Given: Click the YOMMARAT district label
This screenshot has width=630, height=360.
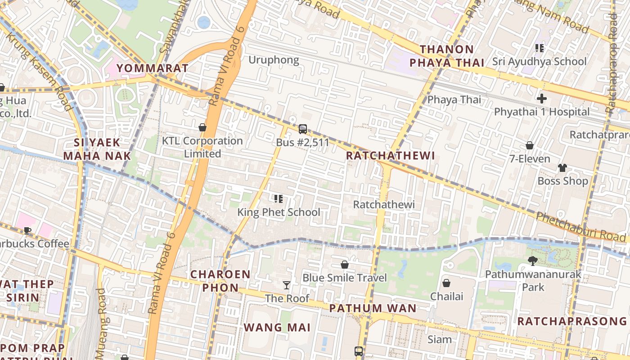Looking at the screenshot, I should point(152,68).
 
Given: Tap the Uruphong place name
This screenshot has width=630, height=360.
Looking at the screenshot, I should point(274,60).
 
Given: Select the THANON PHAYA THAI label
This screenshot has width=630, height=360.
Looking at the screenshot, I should point(446,56).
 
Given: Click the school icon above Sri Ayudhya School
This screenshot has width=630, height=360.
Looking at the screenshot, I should point(539,48).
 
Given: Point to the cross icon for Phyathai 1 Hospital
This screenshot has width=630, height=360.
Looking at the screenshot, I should point(542,99).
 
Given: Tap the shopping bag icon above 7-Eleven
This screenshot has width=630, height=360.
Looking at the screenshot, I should point(530,145).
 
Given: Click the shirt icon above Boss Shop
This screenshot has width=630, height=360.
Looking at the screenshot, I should point(562,168).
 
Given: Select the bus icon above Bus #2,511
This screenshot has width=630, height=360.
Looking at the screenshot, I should point(303,129).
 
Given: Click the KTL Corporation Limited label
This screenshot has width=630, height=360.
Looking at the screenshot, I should point(202,147).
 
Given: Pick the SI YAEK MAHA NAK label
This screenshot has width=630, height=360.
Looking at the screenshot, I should point(97,149).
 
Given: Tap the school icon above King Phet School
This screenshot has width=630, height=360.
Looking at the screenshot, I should point(279,198).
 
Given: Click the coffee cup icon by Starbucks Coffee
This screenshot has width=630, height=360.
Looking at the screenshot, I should point(27,231).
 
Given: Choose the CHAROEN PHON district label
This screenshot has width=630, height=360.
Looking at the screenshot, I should point(220,281).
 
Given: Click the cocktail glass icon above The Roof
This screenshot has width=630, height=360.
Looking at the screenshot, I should point(287,285).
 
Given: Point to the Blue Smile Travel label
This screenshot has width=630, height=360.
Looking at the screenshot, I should point(345,278).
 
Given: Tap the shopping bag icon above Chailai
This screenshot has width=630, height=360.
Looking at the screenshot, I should point(446,283).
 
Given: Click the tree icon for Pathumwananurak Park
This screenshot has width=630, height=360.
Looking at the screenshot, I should point(533,261).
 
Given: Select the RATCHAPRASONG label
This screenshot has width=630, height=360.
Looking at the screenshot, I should point(571,321).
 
